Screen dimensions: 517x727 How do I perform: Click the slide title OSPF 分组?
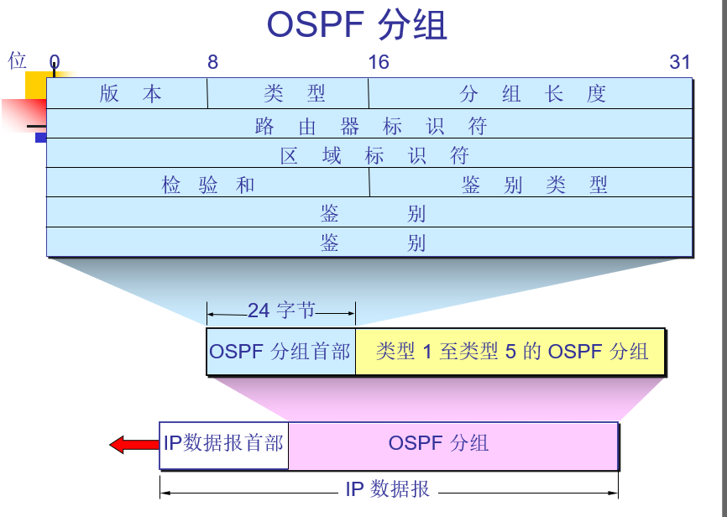point(357,25)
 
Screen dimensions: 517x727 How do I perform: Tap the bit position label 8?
point(213,62)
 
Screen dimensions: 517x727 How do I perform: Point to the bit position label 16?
point(379,62)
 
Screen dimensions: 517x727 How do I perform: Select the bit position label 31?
point(680,62)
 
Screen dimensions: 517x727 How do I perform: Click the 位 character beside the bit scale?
point(18,60)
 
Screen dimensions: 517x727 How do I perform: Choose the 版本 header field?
point(130,94)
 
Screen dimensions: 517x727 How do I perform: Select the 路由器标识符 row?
point(370,126)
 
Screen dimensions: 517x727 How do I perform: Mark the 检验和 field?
point(208,185)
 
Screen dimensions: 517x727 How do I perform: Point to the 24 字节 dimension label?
point(281,311)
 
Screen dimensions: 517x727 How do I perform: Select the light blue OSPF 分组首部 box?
point(280,351)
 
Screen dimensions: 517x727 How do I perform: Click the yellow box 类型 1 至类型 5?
point(511,351)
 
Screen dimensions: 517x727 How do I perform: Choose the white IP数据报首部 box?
point(223,443)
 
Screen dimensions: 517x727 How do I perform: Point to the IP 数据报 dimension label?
point(387,489)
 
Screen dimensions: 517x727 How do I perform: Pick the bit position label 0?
point(55,62)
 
